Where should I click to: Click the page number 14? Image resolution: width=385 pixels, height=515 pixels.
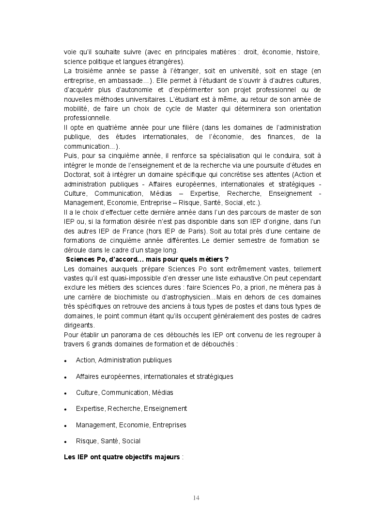[196, 498]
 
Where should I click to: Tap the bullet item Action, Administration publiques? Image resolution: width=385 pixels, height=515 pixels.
[123, 360]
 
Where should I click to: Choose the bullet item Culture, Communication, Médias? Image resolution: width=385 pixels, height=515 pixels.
[124, 392]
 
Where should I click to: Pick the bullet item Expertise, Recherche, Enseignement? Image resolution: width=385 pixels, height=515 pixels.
[131, 408]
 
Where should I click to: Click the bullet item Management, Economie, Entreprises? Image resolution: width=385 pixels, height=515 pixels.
[131, 425]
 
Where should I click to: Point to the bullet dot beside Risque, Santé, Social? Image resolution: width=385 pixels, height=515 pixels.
[65, 442]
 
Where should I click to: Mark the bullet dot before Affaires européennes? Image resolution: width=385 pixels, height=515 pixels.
[65, 377]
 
